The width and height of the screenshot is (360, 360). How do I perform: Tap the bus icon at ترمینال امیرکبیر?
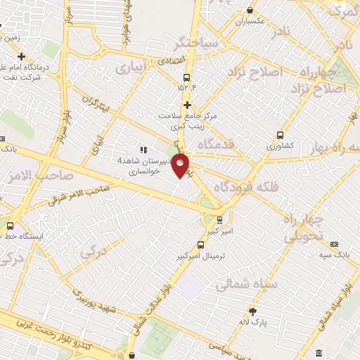[x=201, y=245]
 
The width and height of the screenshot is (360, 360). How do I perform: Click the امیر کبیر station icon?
[x=219, y=219]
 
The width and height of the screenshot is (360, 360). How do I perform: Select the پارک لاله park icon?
[x=252, y=311]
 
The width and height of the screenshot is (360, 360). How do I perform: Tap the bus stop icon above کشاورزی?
[x=281, y=135]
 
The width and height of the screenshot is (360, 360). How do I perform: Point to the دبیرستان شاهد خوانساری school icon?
[x=143, y=150]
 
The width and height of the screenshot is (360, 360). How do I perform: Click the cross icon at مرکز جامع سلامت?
[x=187, y=105]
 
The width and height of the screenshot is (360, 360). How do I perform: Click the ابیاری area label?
[x=132, y=69]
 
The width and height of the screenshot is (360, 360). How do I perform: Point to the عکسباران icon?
[x=250, y=11]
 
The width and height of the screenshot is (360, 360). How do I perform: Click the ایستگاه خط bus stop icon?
[x=10, y=226]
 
